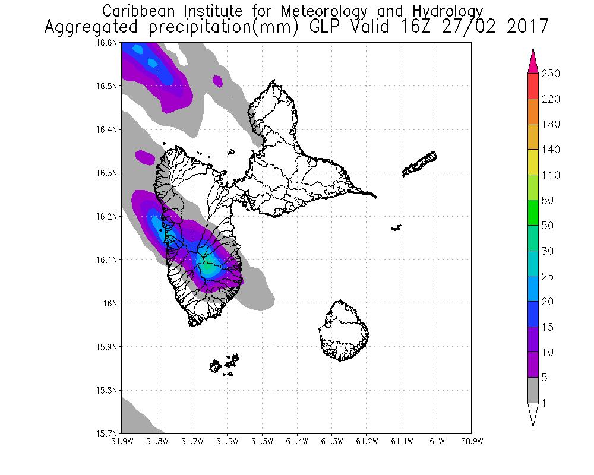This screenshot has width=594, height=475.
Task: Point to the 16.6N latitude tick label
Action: pyautogui.click(x=110, y=43)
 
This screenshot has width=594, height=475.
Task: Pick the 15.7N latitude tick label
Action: pyautogui.click(x=110, y=433)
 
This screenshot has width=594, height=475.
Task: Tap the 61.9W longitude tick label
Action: pyautogui.click(x=122, y=441)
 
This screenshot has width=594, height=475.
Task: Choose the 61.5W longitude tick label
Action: pyautogui.click(x=262, y=441)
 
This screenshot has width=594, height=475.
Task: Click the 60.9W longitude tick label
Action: pyautogui.click(x=472, y=441)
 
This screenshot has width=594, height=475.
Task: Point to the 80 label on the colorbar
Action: pyautogui.click(x=547, y=201)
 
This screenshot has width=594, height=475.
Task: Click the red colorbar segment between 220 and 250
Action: pyautogui.click(x=533, y=86)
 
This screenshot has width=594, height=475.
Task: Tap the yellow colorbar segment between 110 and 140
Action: pyautogui.click(x=533, y=162)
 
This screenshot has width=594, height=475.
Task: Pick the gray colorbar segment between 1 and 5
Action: pyautogui.click(x=533, y=391)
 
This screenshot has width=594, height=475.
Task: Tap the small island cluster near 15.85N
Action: pyautogui.click(x=225, y=364)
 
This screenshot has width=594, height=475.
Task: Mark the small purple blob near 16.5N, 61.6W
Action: pyautogui.click(x=218, y=80)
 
